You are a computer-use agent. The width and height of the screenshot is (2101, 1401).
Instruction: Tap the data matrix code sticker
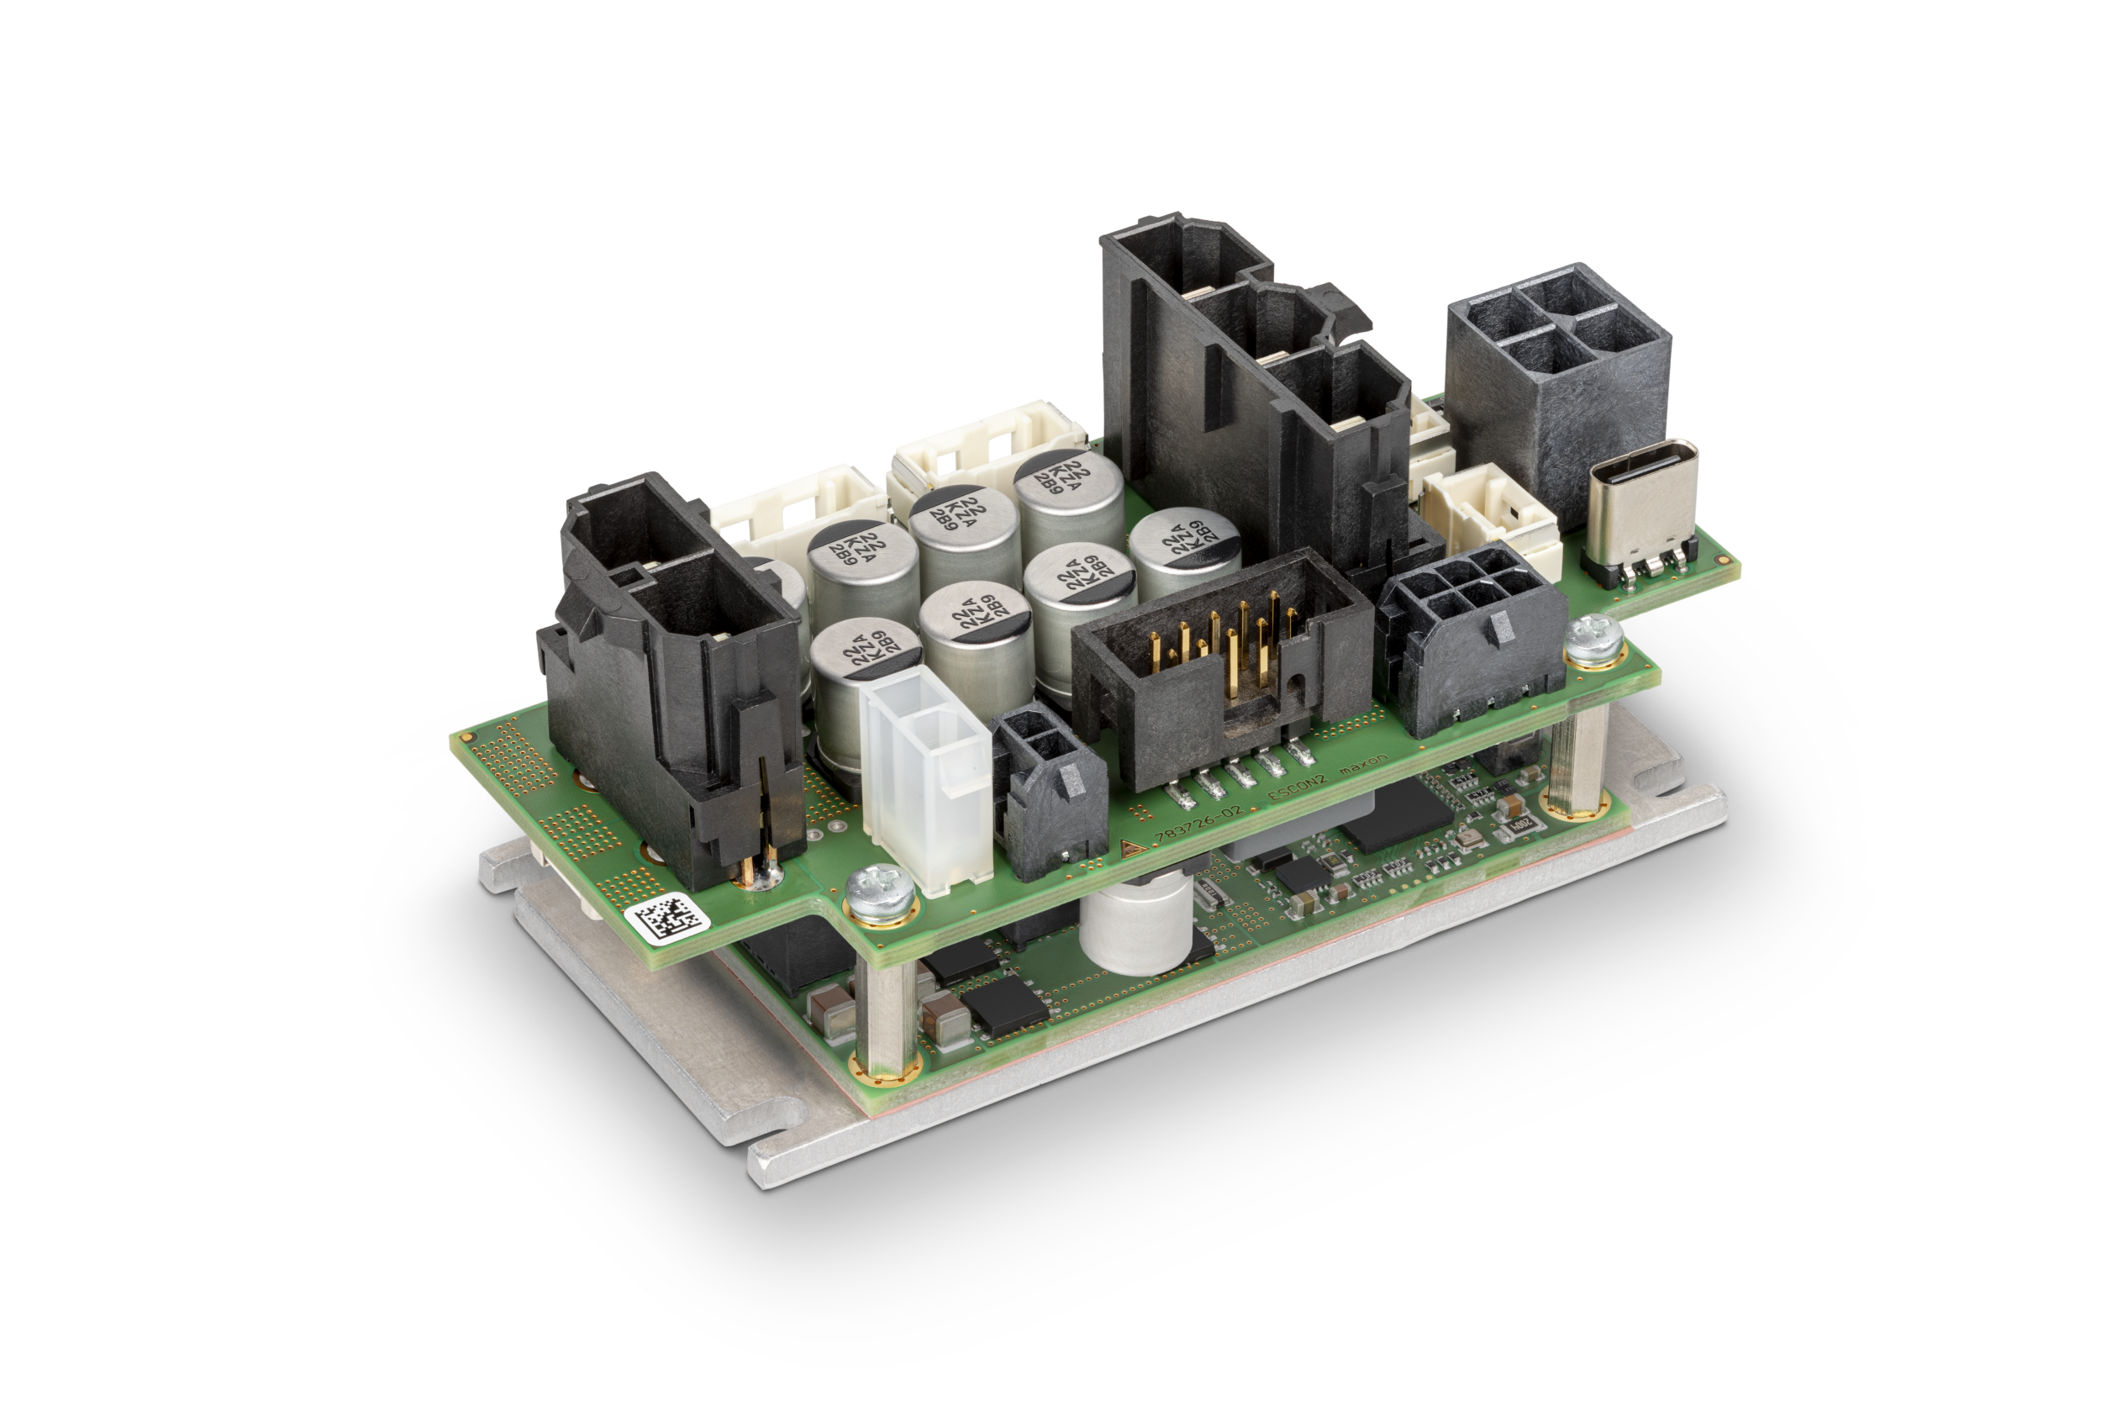point(667,919)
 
